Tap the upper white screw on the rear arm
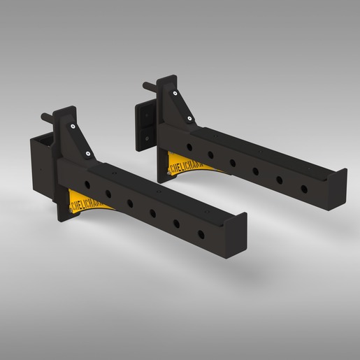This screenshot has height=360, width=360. (x=171, y=92)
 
